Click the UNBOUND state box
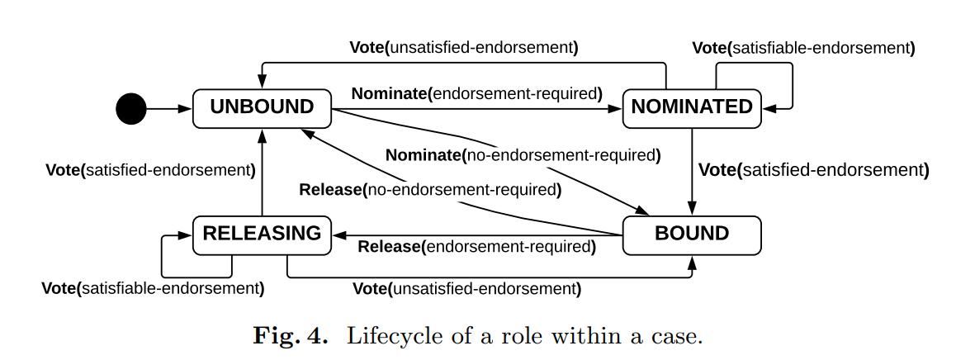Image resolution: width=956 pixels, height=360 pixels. (262, 107)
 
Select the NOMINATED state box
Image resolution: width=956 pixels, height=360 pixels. (692, 107)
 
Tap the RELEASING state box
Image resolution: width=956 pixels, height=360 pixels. (262, 234)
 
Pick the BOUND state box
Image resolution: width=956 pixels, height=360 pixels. (692, 234)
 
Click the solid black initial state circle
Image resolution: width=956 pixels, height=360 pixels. (131, 107)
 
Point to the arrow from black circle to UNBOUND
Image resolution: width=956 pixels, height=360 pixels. (169, 107)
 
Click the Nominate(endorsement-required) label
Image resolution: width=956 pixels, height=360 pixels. (476, 93)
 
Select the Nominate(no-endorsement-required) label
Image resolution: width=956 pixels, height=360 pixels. (523, 155)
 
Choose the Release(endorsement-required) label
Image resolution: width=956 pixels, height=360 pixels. (476, 247)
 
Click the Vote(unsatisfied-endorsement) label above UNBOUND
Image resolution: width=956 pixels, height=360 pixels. (463, 47)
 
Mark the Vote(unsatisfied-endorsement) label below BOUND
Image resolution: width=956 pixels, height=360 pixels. (466, 289)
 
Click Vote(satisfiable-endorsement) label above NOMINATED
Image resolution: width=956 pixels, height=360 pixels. (803, 47)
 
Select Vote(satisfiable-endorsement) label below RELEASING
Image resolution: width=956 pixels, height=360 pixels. (153, 289)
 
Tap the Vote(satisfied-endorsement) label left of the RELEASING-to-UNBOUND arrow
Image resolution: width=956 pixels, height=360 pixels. (150, 170)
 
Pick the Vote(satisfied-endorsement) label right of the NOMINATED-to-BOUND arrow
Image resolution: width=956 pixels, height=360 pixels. (813, 171)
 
